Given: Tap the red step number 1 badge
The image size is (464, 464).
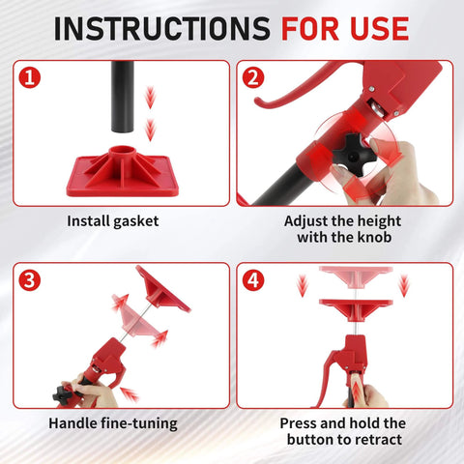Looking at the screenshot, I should (x=31, y=76).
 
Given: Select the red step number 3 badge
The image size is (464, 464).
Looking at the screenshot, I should (x=31, y=280).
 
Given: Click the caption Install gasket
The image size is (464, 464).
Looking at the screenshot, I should (x=112, y=221).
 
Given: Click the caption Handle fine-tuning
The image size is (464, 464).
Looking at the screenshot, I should (x=112, y=423).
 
